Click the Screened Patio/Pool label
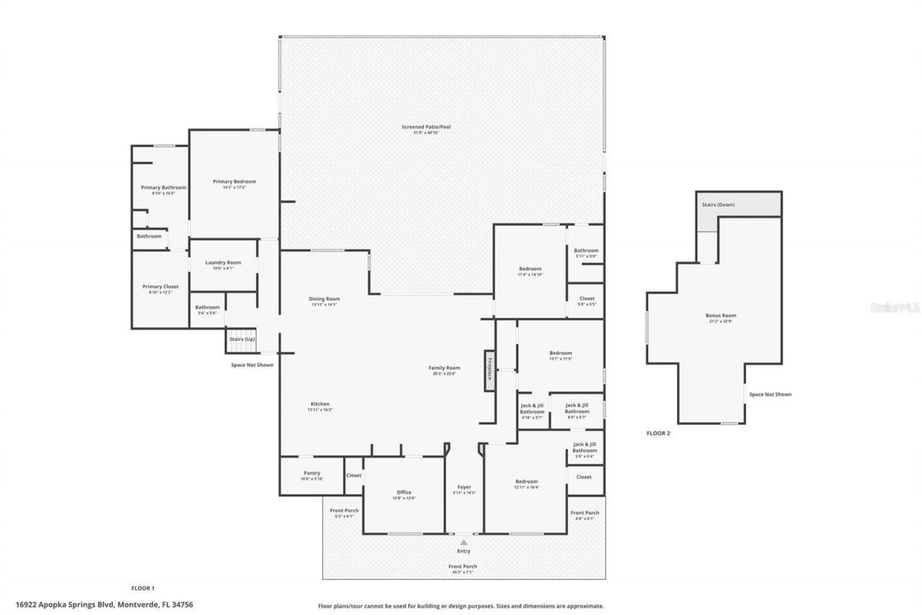(x=426, y=127)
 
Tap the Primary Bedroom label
(x=234, y=182)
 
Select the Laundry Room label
(x=223, y=262)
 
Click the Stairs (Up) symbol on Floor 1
(x=241, y=340)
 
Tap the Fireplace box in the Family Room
(x=489, y=370)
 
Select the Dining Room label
(x=323, y=298)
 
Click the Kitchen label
(x=320, y=404)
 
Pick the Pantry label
(x=311, y=473)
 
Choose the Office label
(x=403, y=492)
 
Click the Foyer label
(x=464, y=487)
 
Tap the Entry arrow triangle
(x=464, y=542)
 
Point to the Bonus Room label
(x=720, y=315)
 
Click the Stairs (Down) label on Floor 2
(x=718, y=205)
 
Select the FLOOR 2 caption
(x=658, y=433)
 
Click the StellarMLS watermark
(x=895, y=307)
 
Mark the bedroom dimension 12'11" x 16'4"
(x=527, y=487)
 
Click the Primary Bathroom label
(x=163, y=187)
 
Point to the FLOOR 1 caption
(x=143, y=588)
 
